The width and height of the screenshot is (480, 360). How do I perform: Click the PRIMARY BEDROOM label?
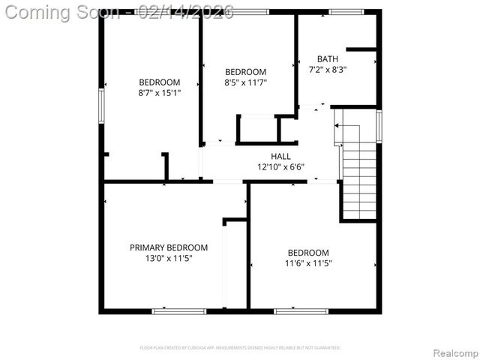tap(169, 247)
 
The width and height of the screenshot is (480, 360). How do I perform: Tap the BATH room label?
tap(328, 59)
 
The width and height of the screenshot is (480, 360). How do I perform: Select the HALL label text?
tap(281, 157)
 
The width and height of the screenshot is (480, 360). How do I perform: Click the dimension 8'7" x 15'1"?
tap(159, 93)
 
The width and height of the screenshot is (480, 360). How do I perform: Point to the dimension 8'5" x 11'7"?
tap(246, 82)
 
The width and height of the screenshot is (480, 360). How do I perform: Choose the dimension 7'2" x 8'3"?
tap(328, 70)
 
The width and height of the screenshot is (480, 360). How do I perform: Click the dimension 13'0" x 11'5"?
tap(169, 259)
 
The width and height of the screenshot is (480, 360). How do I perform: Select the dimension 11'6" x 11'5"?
tap(308, 263)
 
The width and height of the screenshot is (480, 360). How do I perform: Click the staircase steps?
tap(358, 176)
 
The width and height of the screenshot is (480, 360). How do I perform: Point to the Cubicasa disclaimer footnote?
tap(240, 348)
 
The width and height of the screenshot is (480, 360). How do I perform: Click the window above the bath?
tap(346, 12)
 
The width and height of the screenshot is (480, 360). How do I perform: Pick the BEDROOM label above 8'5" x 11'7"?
tap(246, 72)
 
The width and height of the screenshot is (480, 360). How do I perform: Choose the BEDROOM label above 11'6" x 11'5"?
tap(308, 253)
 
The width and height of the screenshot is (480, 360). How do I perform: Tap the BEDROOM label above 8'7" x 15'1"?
tap(159, 82)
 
